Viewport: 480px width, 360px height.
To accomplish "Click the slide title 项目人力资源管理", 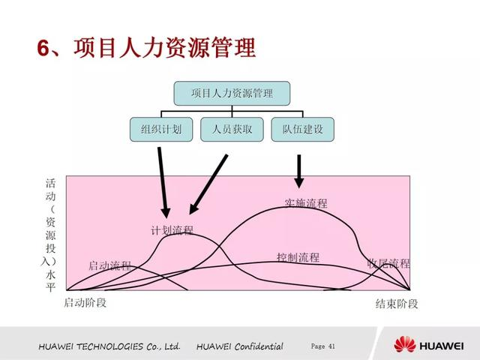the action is click(x=164, y=48).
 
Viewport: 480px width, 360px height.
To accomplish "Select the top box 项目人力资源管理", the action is click(x=232, y=94).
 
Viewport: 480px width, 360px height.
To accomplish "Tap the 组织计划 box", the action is click(x=160, y=129).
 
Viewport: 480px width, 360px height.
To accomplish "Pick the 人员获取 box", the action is click(x=232, y=129).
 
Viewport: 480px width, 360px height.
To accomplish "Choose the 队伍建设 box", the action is click(x=302, y=129).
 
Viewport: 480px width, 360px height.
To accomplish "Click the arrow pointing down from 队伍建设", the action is click(x=299, y=171).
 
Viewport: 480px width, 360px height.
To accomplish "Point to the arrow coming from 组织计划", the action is click(x=163, y=184).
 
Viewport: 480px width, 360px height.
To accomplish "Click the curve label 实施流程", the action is click(x=306, y=202).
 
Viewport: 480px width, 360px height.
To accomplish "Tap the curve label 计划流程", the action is click(x=172, y=230).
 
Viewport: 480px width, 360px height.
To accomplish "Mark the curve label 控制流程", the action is click(x=298, y=257).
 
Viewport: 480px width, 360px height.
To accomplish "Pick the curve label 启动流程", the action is click(x=109, y=265).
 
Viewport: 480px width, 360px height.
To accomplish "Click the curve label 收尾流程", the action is click(x=388, y=263).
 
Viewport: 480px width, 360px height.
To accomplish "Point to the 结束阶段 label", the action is click(x=397, y=304).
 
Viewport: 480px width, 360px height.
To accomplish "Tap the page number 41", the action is click(x=323, y=346).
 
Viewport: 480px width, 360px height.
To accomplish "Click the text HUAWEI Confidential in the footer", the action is click(x=240, y=346).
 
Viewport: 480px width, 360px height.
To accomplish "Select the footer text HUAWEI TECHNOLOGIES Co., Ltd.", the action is click(x=109, y=346).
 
